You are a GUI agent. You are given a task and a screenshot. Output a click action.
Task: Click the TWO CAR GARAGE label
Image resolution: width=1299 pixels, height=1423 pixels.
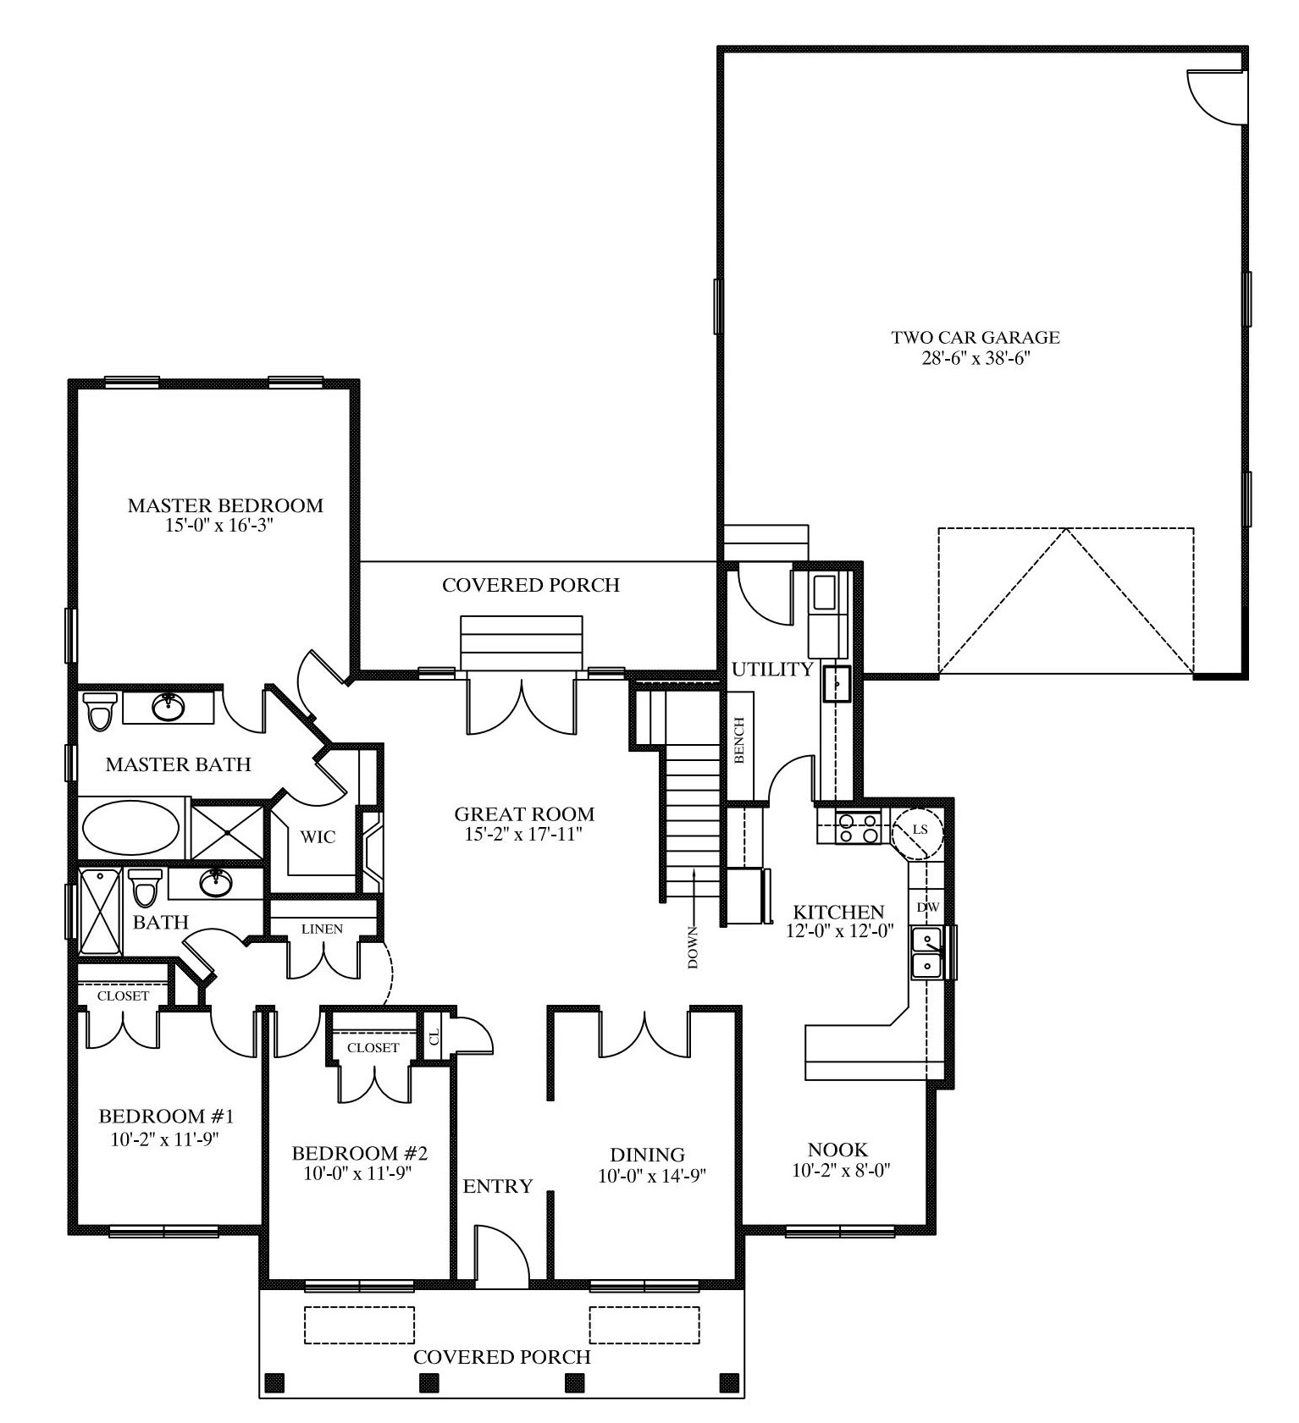(975, 337)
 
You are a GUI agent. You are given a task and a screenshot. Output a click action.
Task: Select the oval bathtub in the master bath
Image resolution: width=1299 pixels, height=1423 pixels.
(130, 828)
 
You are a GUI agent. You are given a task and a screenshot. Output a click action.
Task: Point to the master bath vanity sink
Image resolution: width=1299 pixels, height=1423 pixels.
(169, 707)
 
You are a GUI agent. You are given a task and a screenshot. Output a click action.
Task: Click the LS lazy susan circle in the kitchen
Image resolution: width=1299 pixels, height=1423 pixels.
(919, 830)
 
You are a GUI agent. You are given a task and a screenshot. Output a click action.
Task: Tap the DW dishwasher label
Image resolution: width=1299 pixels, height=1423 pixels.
(928, 907)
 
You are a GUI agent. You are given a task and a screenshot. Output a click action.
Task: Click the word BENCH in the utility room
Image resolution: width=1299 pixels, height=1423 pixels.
(739, 741)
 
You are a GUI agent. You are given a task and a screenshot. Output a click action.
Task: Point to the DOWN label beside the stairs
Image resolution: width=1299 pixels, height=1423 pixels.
(693, 947)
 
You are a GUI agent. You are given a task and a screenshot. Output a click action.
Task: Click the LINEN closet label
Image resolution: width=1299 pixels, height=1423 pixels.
(322, 929)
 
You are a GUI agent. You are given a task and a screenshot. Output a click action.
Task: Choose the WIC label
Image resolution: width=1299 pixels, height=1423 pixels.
(318, 837)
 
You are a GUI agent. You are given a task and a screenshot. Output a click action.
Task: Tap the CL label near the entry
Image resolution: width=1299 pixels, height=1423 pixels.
(434, 1035)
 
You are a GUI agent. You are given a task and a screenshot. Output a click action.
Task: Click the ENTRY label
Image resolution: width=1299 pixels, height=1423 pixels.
(498, 1187)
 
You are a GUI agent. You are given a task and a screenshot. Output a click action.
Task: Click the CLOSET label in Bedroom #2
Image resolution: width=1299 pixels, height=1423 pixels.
(373, 1047)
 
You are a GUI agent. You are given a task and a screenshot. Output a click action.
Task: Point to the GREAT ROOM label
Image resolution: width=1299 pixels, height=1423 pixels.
(524, 814)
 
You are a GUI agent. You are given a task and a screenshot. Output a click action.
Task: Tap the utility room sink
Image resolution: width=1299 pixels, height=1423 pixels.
(837, 683)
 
